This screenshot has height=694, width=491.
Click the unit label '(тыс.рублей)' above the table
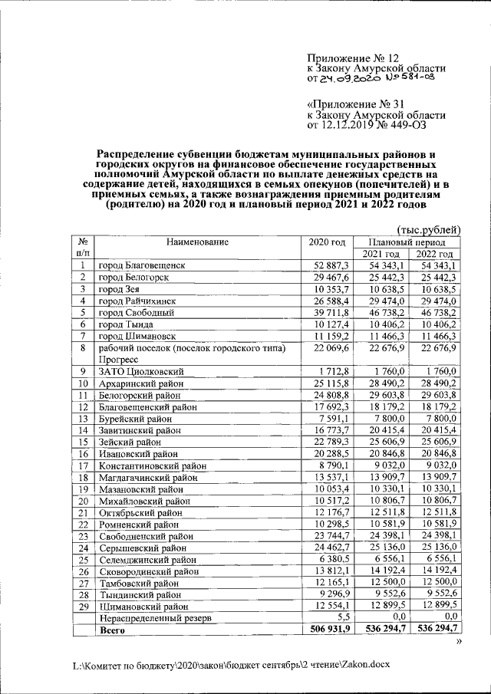click(x=428, y=229)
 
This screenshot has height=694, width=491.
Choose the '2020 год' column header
click(x=327, y=242)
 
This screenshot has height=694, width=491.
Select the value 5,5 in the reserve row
click(x=342, y=617)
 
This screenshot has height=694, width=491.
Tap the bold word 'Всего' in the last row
click(x=113, y=630)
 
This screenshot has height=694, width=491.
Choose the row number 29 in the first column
click(x=82, y=606)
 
